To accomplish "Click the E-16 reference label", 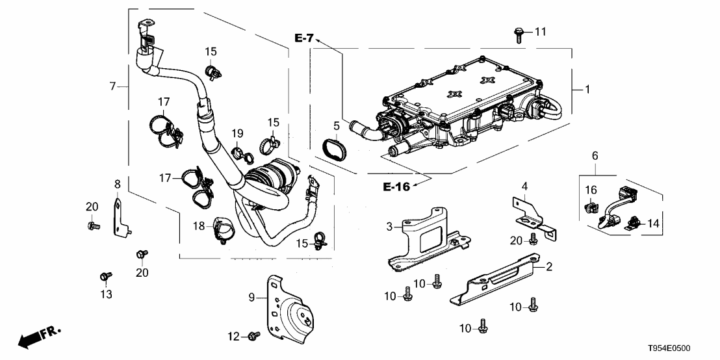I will pos(396,187).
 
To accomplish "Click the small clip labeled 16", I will pos(590,207).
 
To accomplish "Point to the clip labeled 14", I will pos(631,224).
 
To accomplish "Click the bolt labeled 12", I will pos(253,335).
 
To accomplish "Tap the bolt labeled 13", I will pos(103,277).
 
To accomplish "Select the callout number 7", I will pos(112,86).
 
